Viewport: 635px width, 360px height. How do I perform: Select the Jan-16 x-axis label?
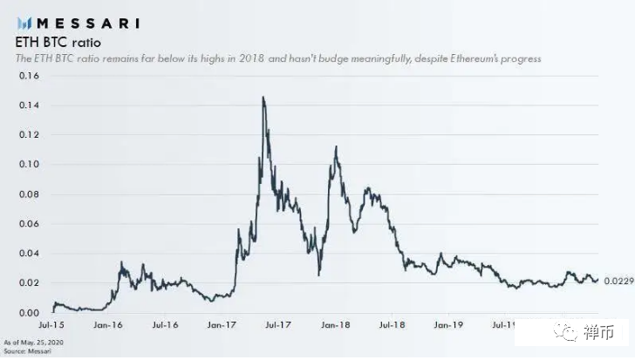pos(108,325)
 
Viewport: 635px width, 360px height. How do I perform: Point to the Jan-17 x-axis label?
pos(222,325)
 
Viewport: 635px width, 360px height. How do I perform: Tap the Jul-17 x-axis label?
pos(278,325)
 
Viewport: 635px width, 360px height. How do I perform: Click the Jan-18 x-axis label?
pos(335,325)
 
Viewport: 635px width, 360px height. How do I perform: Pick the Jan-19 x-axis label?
pos(448,325)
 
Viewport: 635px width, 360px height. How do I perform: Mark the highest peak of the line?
pos(263,98)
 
